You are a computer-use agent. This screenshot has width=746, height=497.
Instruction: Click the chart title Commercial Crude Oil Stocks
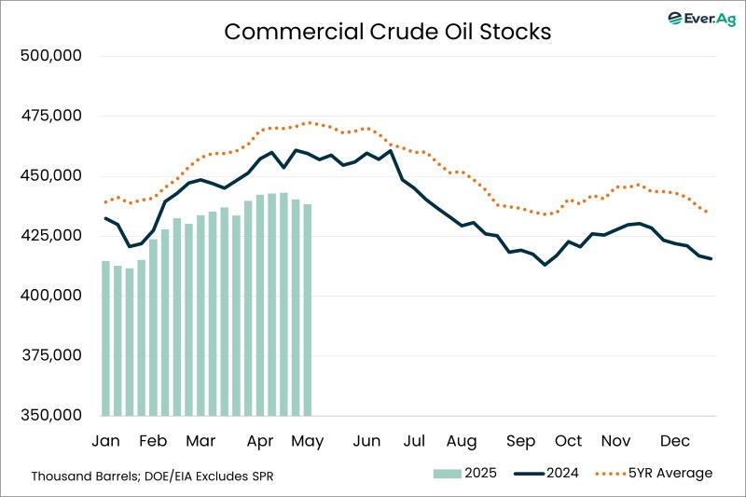coord(387,31)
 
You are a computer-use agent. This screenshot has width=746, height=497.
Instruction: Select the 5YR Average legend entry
coord(652,474)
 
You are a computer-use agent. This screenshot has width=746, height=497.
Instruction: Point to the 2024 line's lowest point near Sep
coord(545,265)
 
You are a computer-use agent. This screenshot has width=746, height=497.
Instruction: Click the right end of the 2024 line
coord(711,259)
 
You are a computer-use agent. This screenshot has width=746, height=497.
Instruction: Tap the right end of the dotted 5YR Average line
coord(706,212)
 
